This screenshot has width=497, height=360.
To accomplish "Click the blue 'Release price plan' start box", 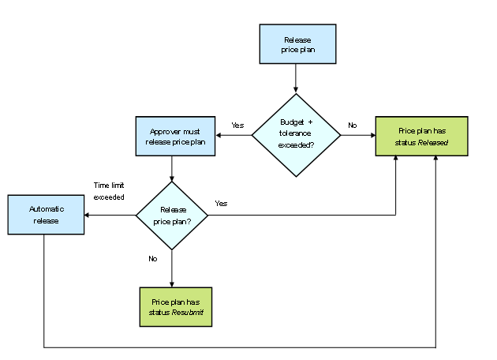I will point(297,43).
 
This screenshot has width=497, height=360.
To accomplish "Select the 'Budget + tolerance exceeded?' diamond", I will point(296,135).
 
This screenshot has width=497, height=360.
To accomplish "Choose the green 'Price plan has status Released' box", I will point(422,135).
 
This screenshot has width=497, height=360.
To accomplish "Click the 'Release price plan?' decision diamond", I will point(172,215).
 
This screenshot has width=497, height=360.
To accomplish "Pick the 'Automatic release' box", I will point(45,215).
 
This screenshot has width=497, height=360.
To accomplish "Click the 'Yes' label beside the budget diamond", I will point(237,125).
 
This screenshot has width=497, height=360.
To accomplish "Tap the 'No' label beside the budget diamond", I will point(352,125).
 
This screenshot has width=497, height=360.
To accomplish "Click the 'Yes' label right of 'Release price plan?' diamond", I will point(221,203).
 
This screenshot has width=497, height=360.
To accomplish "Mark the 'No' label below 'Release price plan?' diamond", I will point(153,257).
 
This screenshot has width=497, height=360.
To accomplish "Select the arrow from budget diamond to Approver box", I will point(233,135).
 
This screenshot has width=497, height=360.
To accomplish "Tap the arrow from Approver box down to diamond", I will point(172,167).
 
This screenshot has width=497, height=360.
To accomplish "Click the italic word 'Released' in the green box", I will point(433,143).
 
